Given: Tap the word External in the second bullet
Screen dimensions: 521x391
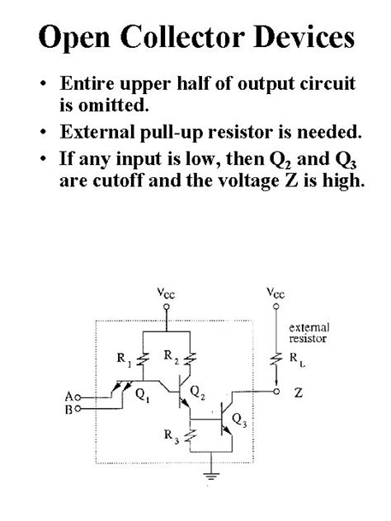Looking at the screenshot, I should click(97, 132).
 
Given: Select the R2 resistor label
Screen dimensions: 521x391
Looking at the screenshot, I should click(171, 357).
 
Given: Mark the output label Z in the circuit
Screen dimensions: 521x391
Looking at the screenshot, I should click(298, 393).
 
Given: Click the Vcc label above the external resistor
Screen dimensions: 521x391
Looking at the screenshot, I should click(277, 293).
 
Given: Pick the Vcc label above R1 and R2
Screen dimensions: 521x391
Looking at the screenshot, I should click(167, 293).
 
